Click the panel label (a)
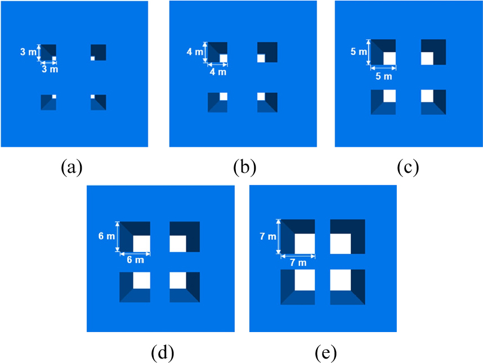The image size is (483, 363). click(x=71, y=167)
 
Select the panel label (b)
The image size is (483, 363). click(x=244, y=167)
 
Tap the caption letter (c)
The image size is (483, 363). click(x=408, y=167)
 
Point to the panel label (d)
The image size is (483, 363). click(x=162, y=353)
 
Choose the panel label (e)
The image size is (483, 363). click(x=325, y=353)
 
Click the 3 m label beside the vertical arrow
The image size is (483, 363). click(x=28, y=52)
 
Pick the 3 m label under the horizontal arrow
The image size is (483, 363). click(x=50, y=69)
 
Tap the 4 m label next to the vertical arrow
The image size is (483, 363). click(x=195, y=52)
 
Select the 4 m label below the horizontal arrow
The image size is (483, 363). click(x=218, y=72)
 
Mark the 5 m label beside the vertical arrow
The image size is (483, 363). click(x=359, y=51)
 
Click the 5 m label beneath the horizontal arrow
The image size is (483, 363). click(x=383, y=76)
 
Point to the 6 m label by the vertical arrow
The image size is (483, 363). click(x=106, y=236)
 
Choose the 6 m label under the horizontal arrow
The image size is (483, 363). click(x=135, y=260)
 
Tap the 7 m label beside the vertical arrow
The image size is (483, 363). click(x=268, y=236)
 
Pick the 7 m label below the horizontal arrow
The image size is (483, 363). click(x=298, y=263)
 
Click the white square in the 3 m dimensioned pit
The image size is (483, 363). click(x=54, y=59)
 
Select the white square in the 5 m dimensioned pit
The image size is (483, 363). click(x=390, y=59)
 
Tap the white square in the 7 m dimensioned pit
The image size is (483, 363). click(x=305, y=244)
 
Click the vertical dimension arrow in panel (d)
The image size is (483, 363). click(x=117, y=237)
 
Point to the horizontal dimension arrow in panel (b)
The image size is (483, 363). click(x=217, y=65)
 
